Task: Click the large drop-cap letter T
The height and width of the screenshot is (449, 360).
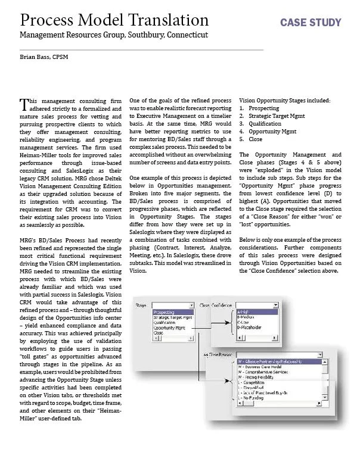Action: (x=24, y=104)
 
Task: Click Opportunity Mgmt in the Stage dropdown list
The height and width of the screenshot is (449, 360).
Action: (x=169, y=328)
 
